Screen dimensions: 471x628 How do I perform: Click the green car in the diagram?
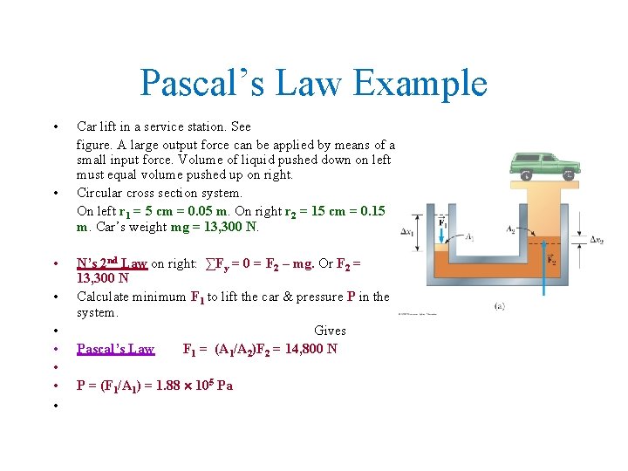[545, 164]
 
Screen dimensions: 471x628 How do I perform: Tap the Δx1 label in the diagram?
[407, 232]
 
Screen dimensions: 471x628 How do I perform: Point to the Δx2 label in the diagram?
[597, 239]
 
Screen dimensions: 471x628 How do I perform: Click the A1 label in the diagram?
[470, 236]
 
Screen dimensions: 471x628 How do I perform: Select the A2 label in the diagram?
[510, 229]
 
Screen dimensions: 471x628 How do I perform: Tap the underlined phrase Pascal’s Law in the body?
[115, 349]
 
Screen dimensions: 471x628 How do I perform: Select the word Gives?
[330, 331]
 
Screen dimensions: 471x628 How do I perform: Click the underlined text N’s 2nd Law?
[112, 263]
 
